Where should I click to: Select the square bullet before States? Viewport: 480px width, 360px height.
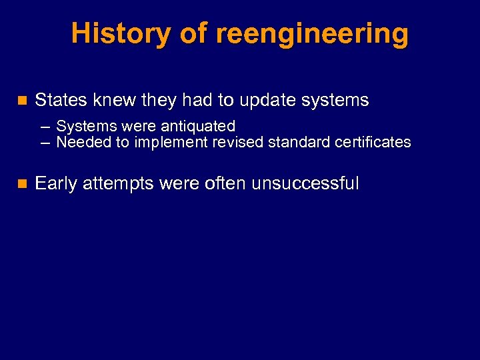[21, 101]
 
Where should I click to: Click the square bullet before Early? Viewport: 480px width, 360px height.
[21, 184]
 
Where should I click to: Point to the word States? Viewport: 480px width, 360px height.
[61, 101]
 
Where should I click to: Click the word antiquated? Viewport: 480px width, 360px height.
[198, 126]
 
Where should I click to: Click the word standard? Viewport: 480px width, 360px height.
[297, 142]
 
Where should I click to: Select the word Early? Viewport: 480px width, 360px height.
[56, 184]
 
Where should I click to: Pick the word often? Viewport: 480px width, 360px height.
[227, 183]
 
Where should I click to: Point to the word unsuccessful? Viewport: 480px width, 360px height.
[305, 183]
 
